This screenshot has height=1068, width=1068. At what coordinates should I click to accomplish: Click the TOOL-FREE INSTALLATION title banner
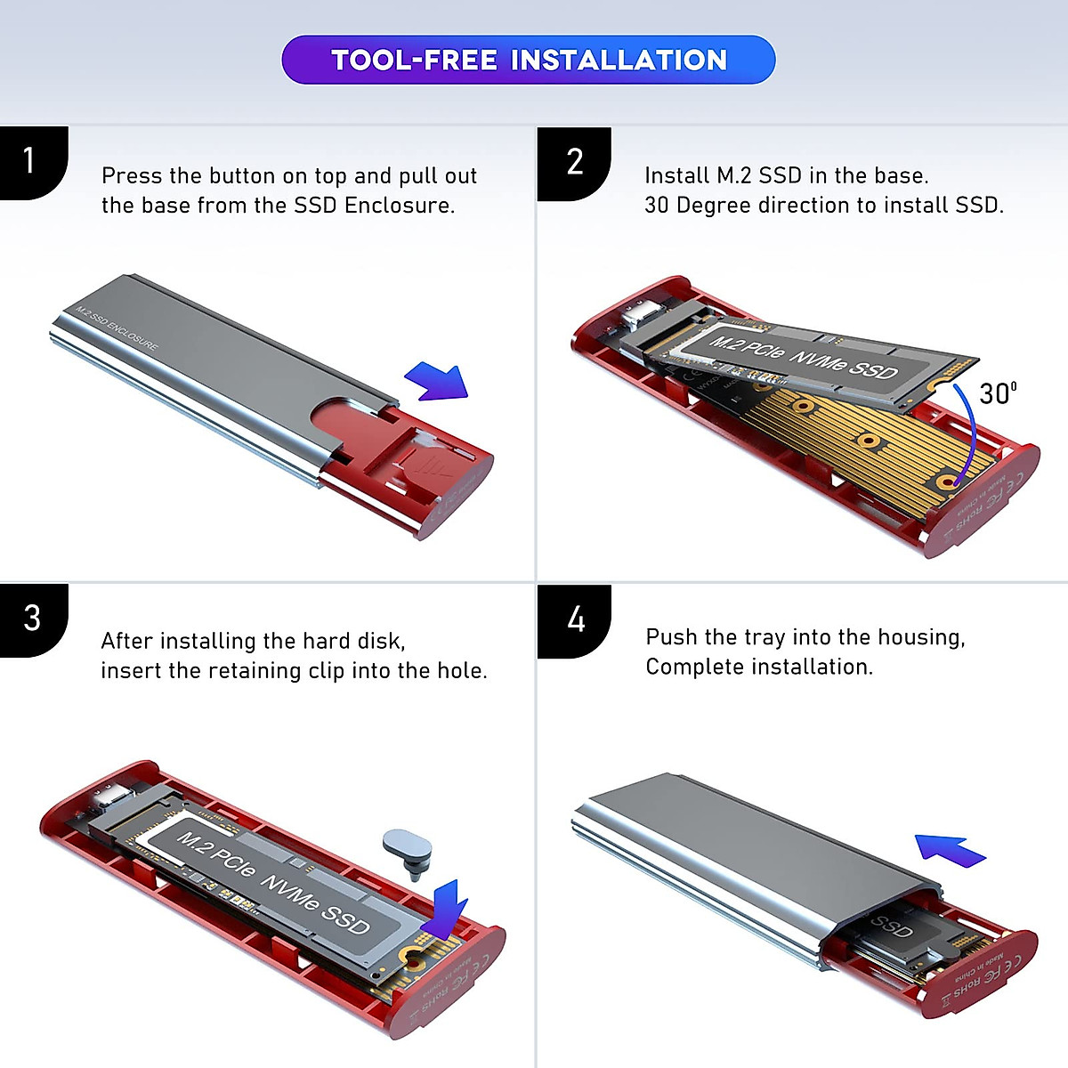click(529, 60)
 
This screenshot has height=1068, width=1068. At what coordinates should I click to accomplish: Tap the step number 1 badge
click(30, 161)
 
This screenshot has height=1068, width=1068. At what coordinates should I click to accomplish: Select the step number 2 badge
click(575, 162)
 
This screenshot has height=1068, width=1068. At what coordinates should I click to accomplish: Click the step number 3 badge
click(32, 619)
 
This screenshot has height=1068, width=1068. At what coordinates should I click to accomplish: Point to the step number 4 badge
click(576, 619)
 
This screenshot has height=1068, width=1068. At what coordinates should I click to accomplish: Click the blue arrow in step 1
click(438, 382)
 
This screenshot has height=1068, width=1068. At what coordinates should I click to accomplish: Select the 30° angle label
click(997, 393)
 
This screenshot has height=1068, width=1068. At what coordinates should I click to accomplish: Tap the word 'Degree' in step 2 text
click(717, 206)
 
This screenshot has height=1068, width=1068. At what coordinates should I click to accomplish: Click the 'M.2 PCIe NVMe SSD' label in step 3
click(272, 882)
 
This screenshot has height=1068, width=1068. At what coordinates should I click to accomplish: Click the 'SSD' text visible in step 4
click(890, 926)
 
